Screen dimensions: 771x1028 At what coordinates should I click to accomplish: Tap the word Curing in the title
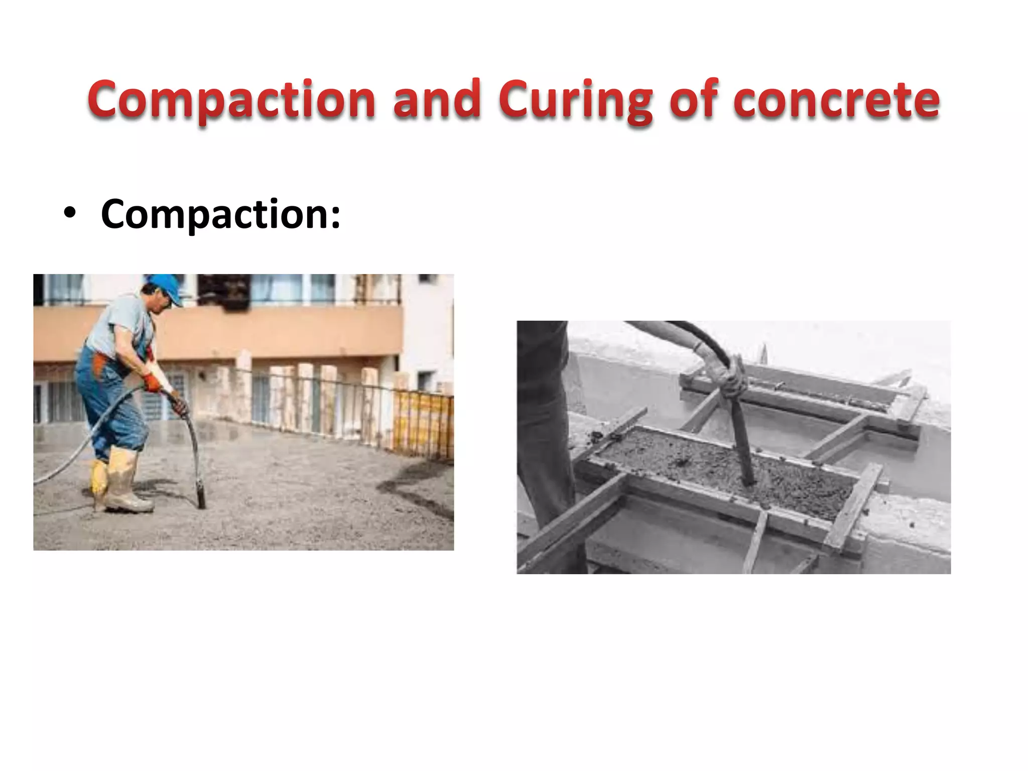tap(575, 100)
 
